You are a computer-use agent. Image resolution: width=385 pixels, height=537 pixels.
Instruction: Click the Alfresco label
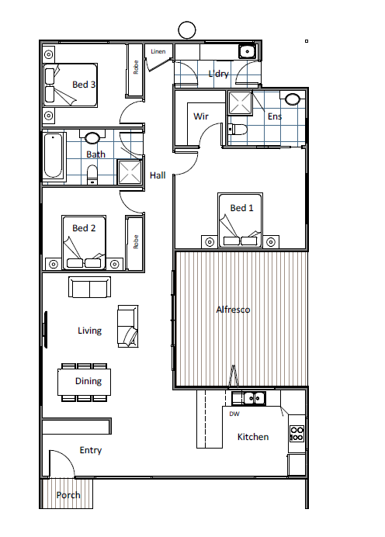[x=233, y=310]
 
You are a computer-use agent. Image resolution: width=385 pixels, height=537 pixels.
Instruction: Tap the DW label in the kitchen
[x=234, y=414]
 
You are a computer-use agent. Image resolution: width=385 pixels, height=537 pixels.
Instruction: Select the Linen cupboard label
[x=158, y=51]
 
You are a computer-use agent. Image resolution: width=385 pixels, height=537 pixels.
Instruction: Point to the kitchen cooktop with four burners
[x=297, y=434]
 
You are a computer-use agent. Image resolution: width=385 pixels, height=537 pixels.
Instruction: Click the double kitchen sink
[x=248, y=398]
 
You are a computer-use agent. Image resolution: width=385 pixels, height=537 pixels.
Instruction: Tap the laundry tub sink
[x=247, y=52]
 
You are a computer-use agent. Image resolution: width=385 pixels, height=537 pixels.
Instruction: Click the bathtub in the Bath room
[x=54, y=155]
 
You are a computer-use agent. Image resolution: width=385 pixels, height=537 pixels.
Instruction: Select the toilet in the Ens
[x=238, y=130]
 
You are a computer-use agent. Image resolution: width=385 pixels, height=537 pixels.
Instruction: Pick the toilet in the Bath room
[x=92, y=175]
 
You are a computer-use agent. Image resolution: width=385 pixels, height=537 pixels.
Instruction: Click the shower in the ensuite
[x=240, y=102]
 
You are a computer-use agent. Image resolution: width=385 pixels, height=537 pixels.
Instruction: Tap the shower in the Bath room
[x=130, y=171]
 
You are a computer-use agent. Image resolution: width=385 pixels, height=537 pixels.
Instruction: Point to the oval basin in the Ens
[x=293, y=99]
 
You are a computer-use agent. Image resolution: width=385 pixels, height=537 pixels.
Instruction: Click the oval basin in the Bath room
[x=92, y=137]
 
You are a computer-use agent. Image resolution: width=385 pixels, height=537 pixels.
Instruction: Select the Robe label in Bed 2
[x=136, y=242]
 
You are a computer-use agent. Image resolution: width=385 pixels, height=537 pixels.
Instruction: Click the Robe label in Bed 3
[x=136, y=67]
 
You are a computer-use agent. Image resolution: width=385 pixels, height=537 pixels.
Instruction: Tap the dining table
[x=85, y=382]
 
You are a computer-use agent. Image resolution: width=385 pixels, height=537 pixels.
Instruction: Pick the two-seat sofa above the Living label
[x=90, y=287]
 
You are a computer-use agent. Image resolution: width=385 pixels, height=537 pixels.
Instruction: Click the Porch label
[x=68, y=495]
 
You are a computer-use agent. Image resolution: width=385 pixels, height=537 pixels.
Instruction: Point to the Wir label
[x=201, y=116]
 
